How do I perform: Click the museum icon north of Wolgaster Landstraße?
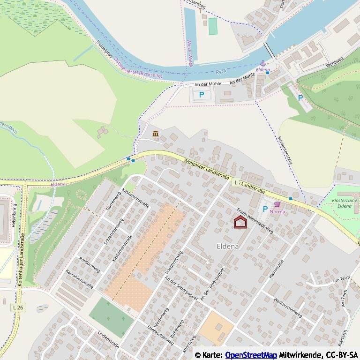pyautogui.click(x=156, y=135)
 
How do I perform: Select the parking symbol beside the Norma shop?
pyautogui.click(x=265, y=210)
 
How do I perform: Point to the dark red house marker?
pyautogui.click(x=240, y=222)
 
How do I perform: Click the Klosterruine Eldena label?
pyautogui.click(x=345, y=203)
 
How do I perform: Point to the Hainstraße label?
pyautogui.click(x=276, y=270)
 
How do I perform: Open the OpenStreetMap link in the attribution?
pyautogui.click(x=251, y=355)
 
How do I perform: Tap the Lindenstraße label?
pyautogui.click(x=108, y=339)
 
